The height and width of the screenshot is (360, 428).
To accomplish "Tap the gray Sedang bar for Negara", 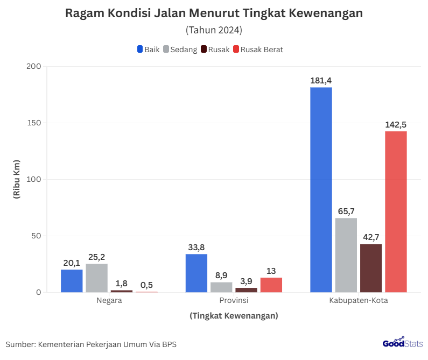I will [x=96, y=278].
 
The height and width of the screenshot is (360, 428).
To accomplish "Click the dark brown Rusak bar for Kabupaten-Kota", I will [x=371, y=268].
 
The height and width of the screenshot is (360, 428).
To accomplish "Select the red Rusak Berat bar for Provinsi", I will [x=271, y=285].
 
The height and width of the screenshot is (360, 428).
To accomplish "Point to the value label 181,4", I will [x=321, y=81].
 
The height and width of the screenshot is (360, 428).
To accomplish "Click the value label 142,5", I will [x=396, y=125].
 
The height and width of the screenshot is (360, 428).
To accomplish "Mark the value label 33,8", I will [x=197, y=248].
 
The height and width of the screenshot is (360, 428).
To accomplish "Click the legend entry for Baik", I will [x=149, y=50].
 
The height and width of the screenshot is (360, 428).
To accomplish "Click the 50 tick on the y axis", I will [x=36, y=236].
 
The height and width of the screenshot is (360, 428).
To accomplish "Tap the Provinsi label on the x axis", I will [x=234, y=300].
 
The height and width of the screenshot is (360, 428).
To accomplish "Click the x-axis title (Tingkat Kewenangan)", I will [x=234, y=316].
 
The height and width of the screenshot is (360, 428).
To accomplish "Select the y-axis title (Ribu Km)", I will [x=16, y=179].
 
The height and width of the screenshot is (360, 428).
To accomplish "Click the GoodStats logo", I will [x=402, y=343].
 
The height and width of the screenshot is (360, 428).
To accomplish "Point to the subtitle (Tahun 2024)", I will [x=214, y=30].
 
